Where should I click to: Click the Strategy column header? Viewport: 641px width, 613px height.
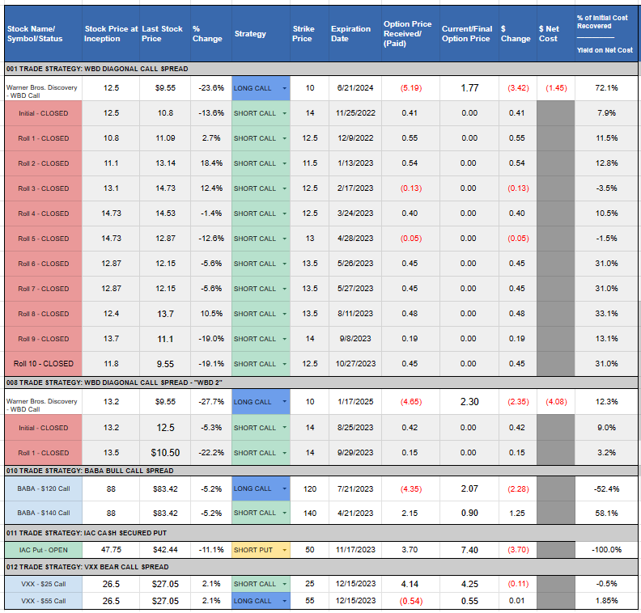250,34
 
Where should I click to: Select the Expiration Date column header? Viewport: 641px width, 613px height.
350,34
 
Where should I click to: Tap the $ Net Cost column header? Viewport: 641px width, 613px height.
549,34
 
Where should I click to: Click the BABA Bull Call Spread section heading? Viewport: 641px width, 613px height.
90,471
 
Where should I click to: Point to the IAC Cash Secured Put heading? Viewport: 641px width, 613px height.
87,533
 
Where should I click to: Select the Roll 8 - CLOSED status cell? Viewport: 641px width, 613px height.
44,314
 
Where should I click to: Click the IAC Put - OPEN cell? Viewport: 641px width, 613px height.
44,550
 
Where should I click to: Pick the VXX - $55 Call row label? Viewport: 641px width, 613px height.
44,601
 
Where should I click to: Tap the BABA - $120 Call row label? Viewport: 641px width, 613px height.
44,488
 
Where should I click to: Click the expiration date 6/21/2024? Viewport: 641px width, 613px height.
355,88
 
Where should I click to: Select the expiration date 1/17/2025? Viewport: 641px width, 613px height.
355,402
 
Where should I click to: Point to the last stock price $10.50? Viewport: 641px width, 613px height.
165,453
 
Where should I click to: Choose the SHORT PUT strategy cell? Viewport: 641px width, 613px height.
261,550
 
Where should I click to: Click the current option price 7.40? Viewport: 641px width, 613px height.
469,550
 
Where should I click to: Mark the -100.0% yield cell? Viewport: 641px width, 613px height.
606,550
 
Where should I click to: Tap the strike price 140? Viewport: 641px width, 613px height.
310,514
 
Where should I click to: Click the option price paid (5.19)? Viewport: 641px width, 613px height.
411,88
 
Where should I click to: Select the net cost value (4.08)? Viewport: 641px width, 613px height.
556,402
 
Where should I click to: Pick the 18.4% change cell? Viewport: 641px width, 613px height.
211,163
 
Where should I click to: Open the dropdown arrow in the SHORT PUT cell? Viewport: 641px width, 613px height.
285,551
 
